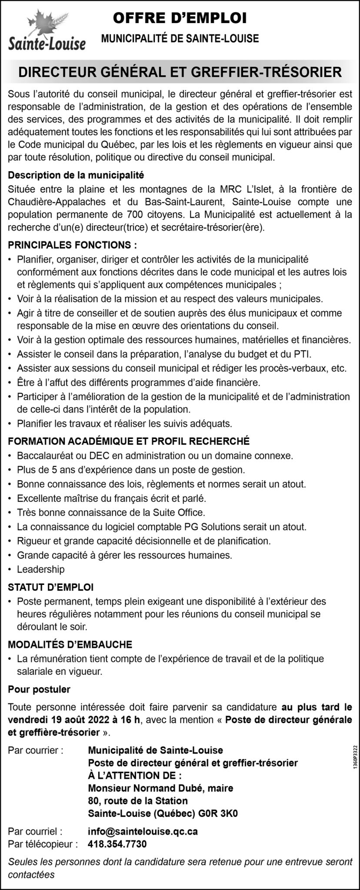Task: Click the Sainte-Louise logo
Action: [x=47, y=33]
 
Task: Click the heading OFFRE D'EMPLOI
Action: [x=180, y=18]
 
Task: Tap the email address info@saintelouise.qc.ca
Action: [x=143, y=831]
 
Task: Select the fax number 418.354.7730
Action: [x=117, y=844]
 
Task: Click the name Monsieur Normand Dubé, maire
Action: [x=160, y=788]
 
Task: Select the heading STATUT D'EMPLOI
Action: [x=51, y=587]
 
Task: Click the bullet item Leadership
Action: [x=40, y=569]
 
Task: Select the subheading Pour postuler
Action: [x=39, y=689]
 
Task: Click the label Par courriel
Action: [x=35, y=831]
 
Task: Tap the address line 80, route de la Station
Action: [x=138, y=801]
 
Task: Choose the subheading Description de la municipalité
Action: [x=76, y=176]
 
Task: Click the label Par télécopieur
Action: [x=43, y=844]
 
